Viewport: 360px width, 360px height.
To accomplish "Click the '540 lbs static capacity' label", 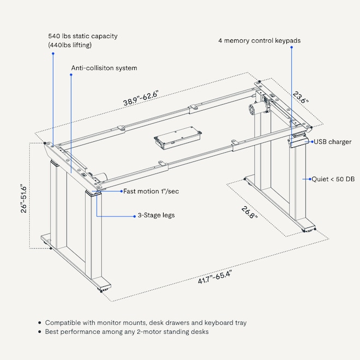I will [82, 36].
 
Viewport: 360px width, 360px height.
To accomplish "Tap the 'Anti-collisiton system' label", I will [104, 68].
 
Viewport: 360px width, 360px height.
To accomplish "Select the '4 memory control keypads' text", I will [259, 40].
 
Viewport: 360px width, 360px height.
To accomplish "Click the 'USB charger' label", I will [332, 142].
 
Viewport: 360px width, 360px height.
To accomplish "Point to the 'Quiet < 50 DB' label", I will [333, 178].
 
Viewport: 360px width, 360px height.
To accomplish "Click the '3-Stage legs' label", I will [157, 215].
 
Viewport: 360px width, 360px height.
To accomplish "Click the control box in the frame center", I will [176, 139].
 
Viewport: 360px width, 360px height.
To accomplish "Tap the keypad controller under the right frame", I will [299, 141].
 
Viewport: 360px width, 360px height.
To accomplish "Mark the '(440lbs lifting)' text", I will [70, 45].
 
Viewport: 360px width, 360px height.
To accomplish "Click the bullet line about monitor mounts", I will [145, 323].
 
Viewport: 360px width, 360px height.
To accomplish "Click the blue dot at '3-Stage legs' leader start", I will [133, 216].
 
